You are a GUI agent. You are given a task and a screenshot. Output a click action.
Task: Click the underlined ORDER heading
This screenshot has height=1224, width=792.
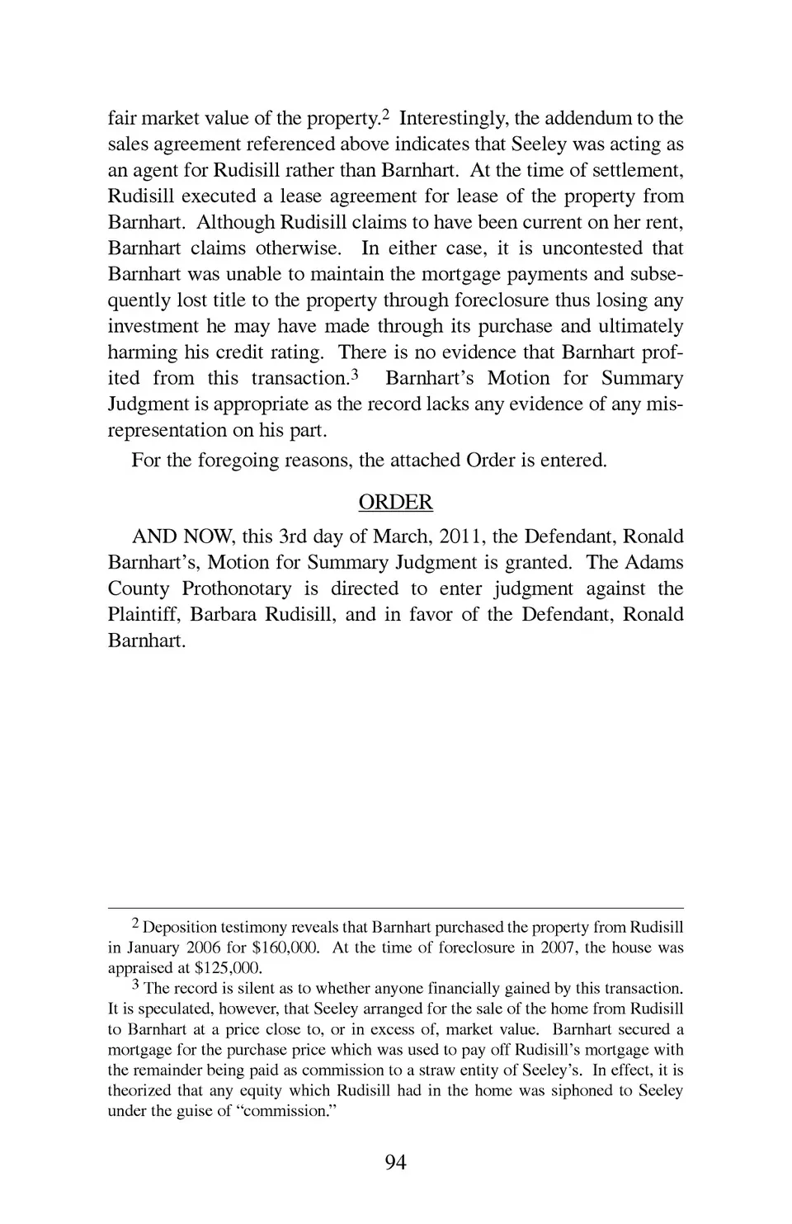395,503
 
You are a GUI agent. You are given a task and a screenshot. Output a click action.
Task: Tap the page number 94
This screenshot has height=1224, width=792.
395,1163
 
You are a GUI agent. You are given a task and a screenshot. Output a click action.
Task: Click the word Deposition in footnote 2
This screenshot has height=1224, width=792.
181,927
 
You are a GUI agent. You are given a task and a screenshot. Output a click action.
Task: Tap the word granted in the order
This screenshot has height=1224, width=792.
540,563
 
